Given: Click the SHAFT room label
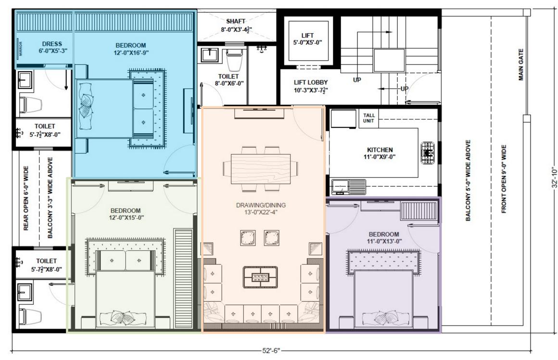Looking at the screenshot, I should [236, 22].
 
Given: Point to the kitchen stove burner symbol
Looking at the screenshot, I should [427, 153].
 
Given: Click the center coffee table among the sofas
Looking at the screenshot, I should [260, 276].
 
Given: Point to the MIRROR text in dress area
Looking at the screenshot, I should [20, 49].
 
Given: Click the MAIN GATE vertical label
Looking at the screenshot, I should [521, 64].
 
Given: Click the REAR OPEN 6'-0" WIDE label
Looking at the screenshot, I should [26, 198].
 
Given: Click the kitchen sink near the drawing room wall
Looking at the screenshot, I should [342, 186].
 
